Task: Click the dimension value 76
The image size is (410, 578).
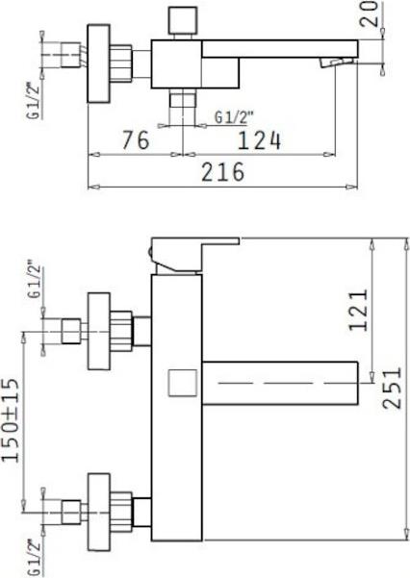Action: [x=136, y=139]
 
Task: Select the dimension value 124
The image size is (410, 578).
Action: [x=260, y=140]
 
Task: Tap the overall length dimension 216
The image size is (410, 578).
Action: [x=223, y=171]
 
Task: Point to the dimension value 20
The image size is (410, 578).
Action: [x=370, y=14]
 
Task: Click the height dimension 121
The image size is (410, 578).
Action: [x=358, y=310]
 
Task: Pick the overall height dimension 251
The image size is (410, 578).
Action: [x=392, y=388]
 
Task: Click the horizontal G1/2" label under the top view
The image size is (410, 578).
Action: [x=235, y=117]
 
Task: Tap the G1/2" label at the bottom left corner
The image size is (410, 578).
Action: [x=35, y=558]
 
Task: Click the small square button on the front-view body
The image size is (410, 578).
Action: [x=182, y=383]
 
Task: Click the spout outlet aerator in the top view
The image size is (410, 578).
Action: [x=336, y=63]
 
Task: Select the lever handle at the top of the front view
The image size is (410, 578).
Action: [x=194, y=255]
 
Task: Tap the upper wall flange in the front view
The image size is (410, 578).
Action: [x=99, y=331]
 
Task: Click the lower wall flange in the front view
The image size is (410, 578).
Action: [x=99, y=512]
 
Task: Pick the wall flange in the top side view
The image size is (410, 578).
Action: [x=98, y=63]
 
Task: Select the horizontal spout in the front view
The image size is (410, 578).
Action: [x=280, y=383]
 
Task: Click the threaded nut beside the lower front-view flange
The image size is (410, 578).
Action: [x=121, y=512]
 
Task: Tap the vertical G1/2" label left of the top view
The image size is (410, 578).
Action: [x=35, y=100]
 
